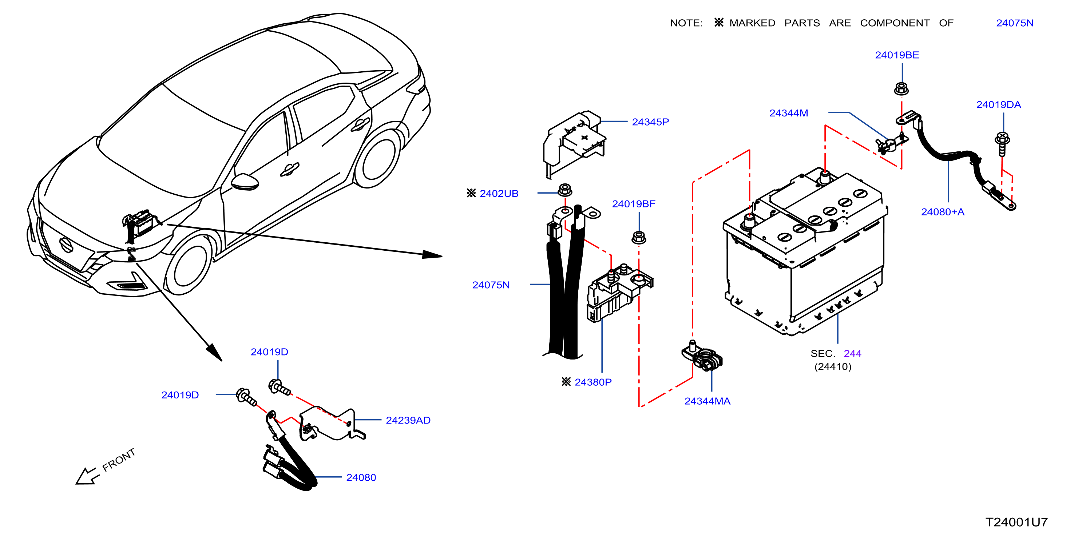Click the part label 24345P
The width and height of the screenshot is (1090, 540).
(x=650, y=122)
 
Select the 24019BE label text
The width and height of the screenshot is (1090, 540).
(x=897, y=55)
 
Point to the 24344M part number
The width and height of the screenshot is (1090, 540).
(x=788, y=113)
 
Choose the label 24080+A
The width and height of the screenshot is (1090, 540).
(x=942, y=212)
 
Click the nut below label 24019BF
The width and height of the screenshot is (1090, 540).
(x=638, y=237)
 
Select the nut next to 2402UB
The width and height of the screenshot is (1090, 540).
(x=565, y=190)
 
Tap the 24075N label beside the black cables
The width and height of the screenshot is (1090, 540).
(x=491, y=285)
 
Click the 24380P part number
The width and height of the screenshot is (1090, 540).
(x=593, y=382)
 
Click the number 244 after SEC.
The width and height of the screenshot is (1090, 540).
(x=852, y=353)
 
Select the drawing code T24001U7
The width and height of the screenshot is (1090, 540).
(x=1016, y=522)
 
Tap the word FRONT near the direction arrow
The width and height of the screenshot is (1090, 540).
(x=119, y=460)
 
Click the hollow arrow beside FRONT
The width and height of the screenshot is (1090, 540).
(x=88, y=476)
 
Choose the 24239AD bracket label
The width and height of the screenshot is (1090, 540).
(x=408, y=420)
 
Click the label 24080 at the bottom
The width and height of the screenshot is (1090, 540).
(x=361, y=477)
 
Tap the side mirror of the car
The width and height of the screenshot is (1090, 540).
(x=245, y=181)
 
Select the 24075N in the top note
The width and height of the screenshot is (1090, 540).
(x=1014, y=23)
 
